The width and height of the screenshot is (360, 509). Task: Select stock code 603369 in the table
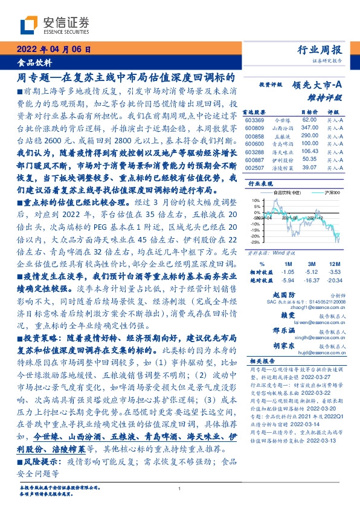click(x=255, y=120)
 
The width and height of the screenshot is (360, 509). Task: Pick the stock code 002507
click(x=255, y=167)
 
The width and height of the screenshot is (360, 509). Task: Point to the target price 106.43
click(x=309, y=151)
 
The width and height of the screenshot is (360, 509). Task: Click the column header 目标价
click(x=310, y=112)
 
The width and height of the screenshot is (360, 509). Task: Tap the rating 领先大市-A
click(x=319, y=86)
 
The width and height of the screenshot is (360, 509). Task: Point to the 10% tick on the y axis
click(x=256, y=198)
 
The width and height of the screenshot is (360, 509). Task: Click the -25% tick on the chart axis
click(x=256, y=242)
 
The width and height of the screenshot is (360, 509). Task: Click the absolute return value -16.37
click(x=312, y=280)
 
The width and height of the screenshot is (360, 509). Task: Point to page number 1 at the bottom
click(x=179, y=490)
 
